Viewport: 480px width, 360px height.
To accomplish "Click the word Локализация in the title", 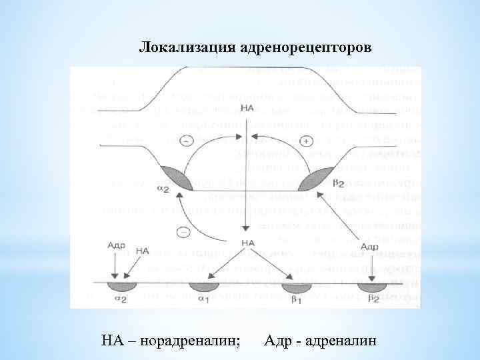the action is pyautogui.click(x=179, y=48).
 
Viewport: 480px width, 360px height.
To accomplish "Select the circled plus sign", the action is pyautogui.click(x=306, y=141).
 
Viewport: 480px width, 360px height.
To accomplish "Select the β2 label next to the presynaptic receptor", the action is pyautogui.click(x=338, y=182).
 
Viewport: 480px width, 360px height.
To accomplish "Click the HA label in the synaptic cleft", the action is pyautogui.click(x=248, y=243).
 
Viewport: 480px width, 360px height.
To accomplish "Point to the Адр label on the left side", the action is pyautogui.click(x=116, y=245).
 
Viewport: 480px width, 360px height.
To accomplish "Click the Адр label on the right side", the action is pyautogui.click(x=369, y=247).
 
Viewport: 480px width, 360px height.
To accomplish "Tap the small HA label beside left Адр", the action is pyautogui.click(x=142, y=251).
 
